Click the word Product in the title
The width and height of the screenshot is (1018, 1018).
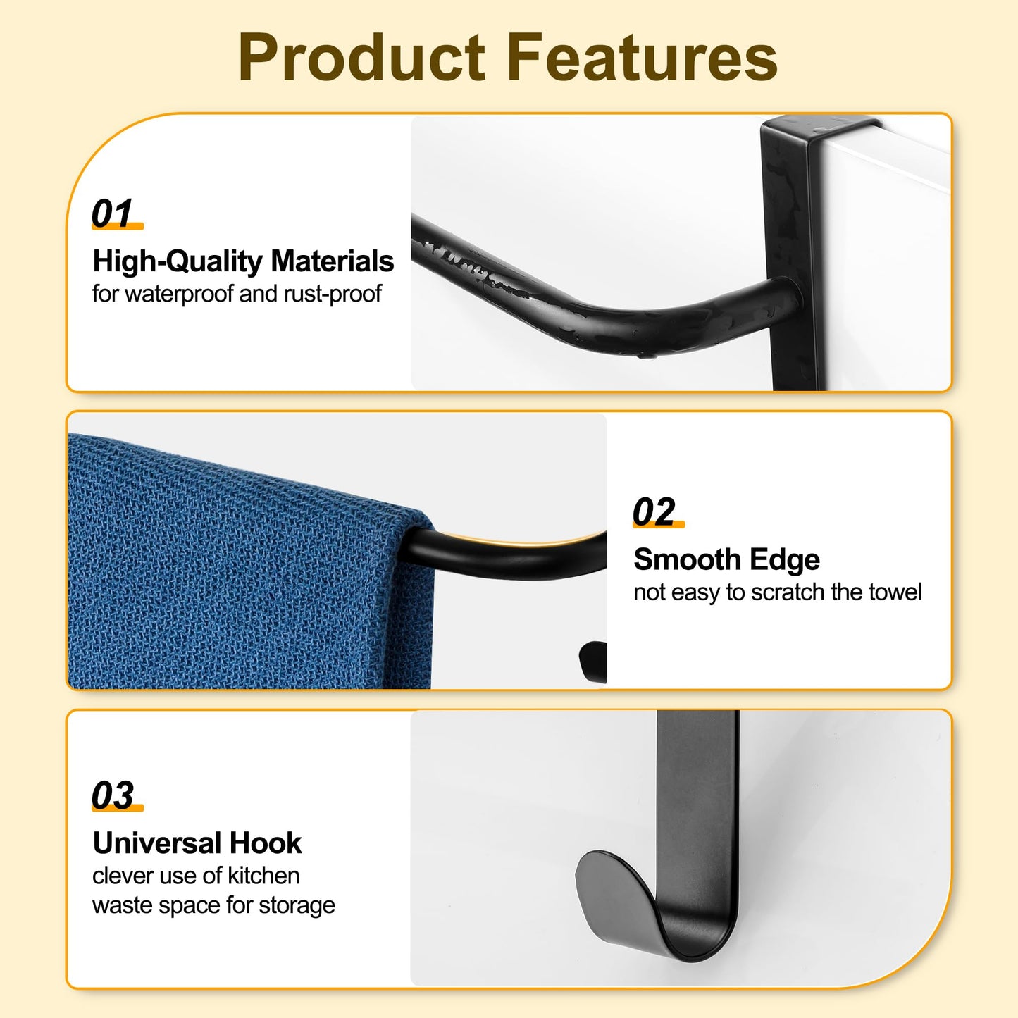coord(362,58)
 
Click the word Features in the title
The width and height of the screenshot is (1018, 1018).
coord(642,58)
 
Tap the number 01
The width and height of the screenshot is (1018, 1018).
coord(113,213)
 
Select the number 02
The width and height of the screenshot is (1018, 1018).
coord(654,511)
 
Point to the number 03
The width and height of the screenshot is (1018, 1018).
coord(113,795)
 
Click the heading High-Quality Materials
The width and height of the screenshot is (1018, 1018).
coord(243,261)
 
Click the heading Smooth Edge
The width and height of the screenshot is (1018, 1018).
coord(726,560)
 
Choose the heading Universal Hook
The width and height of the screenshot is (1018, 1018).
coord(197,843)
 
